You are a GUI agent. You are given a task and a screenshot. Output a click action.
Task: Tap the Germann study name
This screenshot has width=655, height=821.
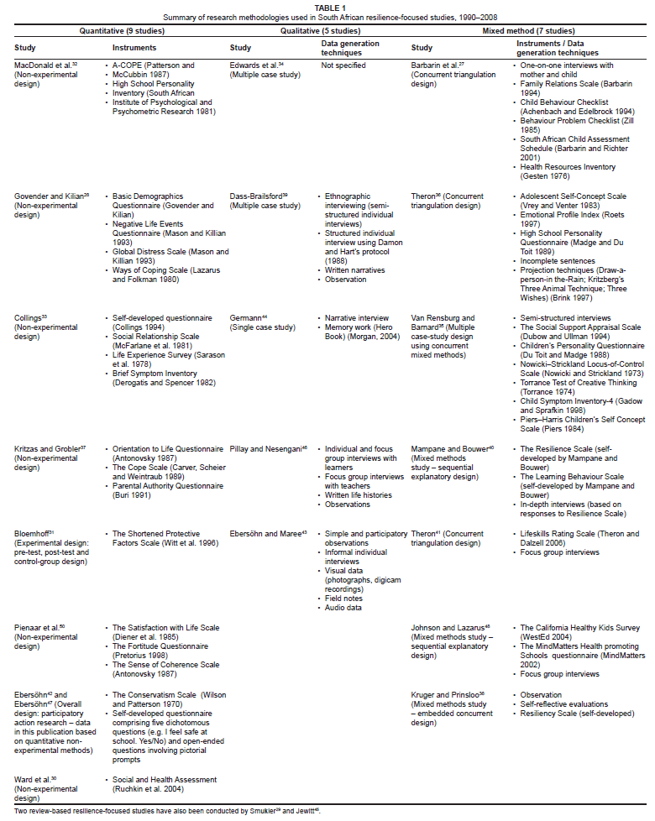pyautogui.click(x=249, y=318)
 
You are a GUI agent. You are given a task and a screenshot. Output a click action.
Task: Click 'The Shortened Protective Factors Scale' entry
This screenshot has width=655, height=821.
pyautogui.click(x=165, y=534)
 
